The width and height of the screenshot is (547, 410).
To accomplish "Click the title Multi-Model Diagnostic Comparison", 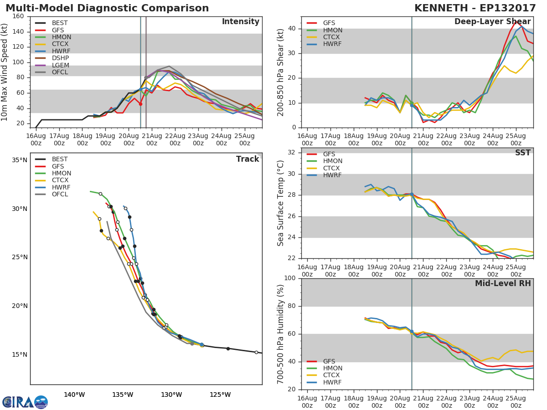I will (107, 8).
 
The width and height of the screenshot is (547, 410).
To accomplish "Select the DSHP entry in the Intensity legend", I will (60, 58).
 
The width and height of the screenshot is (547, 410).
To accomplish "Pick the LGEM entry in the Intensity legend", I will (60, 65).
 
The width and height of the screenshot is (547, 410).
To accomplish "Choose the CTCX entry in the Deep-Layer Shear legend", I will (332, 37).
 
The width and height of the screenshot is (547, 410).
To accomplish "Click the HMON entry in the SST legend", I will (332, 161).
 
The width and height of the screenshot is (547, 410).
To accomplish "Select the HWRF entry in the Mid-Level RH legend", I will (332, 382).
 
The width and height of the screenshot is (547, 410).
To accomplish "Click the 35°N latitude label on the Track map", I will (20, 160).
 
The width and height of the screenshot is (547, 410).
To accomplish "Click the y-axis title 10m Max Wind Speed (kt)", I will (5, 72).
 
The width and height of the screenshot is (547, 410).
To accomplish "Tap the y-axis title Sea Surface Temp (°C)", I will (281, 203).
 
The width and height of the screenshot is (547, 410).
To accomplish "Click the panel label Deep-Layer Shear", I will (492, 22).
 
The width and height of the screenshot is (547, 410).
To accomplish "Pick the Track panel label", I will (247, 159).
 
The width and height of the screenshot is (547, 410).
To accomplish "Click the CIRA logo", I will (25, 402).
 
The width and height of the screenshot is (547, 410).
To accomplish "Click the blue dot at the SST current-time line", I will (412, 195).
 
